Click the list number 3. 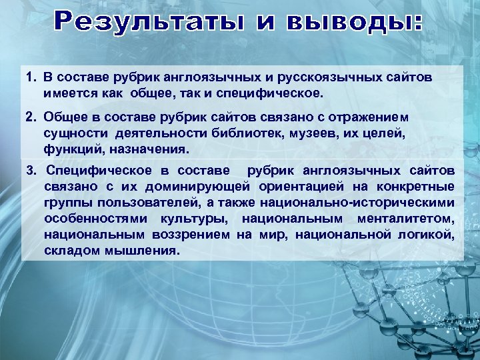tap(31, 171)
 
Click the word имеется tap(65, 91)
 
